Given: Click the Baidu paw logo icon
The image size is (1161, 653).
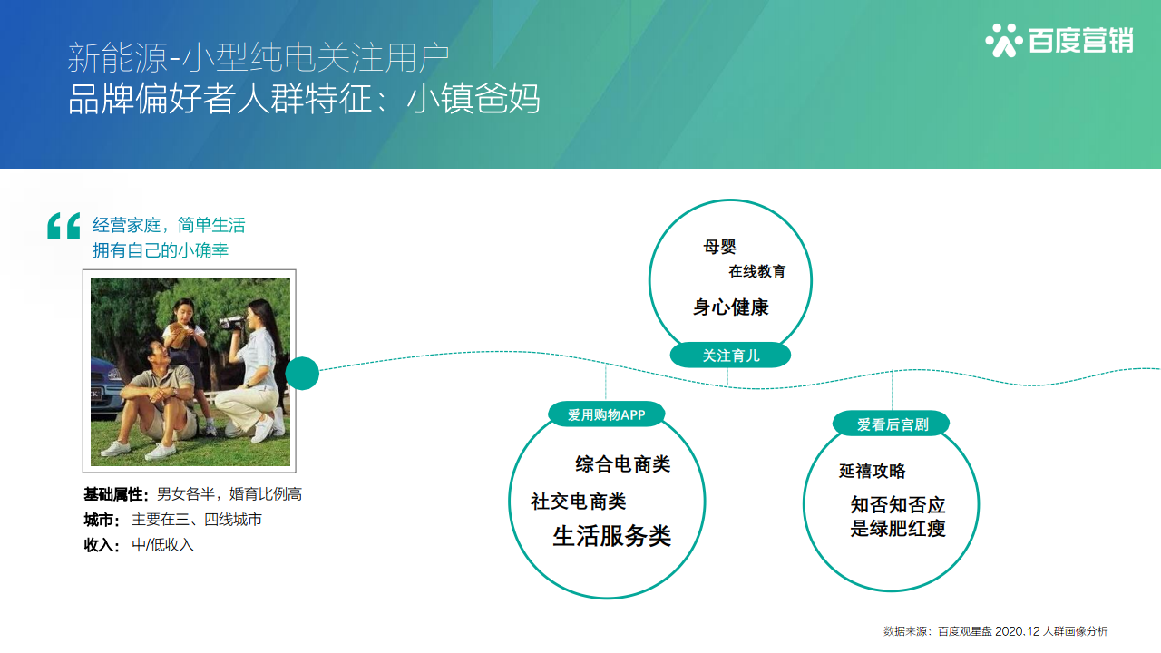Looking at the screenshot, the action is click(1004, 40).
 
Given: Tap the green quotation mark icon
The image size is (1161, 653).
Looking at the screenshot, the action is click(63, 226).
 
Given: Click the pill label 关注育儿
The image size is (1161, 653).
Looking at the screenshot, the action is click(730, 356).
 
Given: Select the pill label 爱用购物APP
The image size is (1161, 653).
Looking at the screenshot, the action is click(607, 414).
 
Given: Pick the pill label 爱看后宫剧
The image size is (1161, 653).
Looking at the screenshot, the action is click(892, 424).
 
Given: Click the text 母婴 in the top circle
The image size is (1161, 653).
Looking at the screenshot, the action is click(719, 247).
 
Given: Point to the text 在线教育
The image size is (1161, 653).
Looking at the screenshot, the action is click(756, 271).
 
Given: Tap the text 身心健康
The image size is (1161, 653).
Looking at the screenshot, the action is click(731, 307).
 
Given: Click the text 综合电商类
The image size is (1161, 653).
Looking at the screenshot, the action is click(622, 463).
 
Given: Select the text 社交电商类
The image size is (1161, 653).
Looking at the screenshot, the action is click(578, 502).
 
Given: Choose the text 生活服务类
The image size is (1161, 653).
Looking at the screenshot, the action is click(611, 536).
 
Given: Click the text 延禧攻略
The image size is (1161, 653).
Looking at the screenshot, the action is click(872, 471).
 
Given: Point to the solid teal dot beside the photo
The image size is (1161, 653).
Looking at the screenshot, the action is click(302, 373).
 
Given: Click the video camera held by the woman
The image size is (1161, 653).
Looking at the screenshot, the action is click(230, 323).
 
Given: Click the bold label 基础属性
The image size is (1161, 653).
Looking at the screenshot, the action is click(113, 494).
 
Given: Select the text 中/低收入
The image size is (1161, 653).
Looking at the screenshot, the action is click(162, 545).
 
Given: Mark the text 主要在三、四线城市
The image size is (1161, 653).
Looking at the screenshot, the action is click(197, 520).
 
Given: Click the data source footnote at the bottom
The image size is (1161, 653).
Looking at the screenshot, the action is click(995, 631).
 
